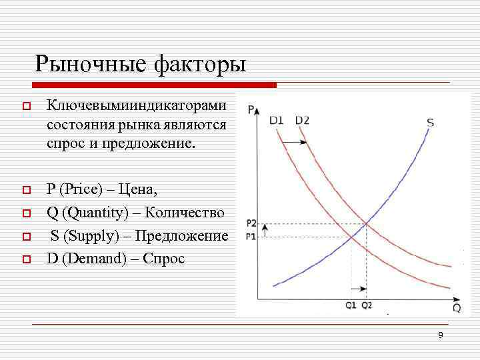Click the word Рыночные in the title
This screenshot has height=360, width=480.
click(91, 65)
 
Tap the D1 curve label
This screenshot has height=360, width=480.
click(277, 121)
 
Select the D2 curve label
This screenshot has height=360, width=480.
click(301, 121)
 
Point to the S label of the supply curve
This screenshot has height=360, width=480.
click(430, 123)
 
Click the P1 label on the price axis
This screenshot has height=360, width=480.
click(251, 237)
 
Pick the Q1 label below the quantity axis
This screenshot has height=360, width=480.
click(351, 305)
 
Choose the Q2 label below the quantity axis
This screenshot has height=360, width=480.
click(367, 305)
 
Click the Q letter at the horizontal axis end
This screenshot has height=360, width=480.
click(457, 307)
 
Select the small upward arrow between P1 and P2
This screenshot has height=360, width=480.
click(265, 230)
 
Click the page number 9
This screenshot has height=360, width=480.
click(441, 335)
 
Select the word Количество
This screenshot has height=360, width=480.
click(185, 213)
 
